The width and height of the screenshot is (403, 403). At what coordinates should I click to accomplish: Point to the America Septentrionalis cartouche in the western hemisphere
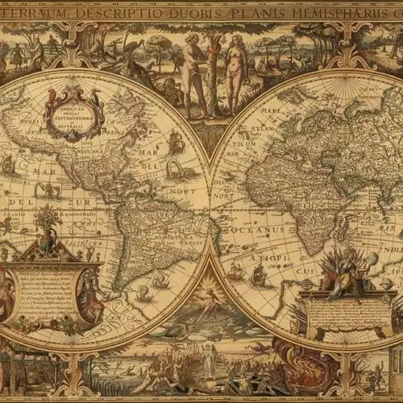point(74,113)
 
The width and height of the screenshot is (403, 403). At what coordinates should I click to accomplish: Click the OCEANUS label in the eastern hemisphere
point(256,229)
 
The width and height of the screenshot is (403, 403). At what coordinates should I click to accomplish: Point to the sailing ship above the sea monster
point(176,143)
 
